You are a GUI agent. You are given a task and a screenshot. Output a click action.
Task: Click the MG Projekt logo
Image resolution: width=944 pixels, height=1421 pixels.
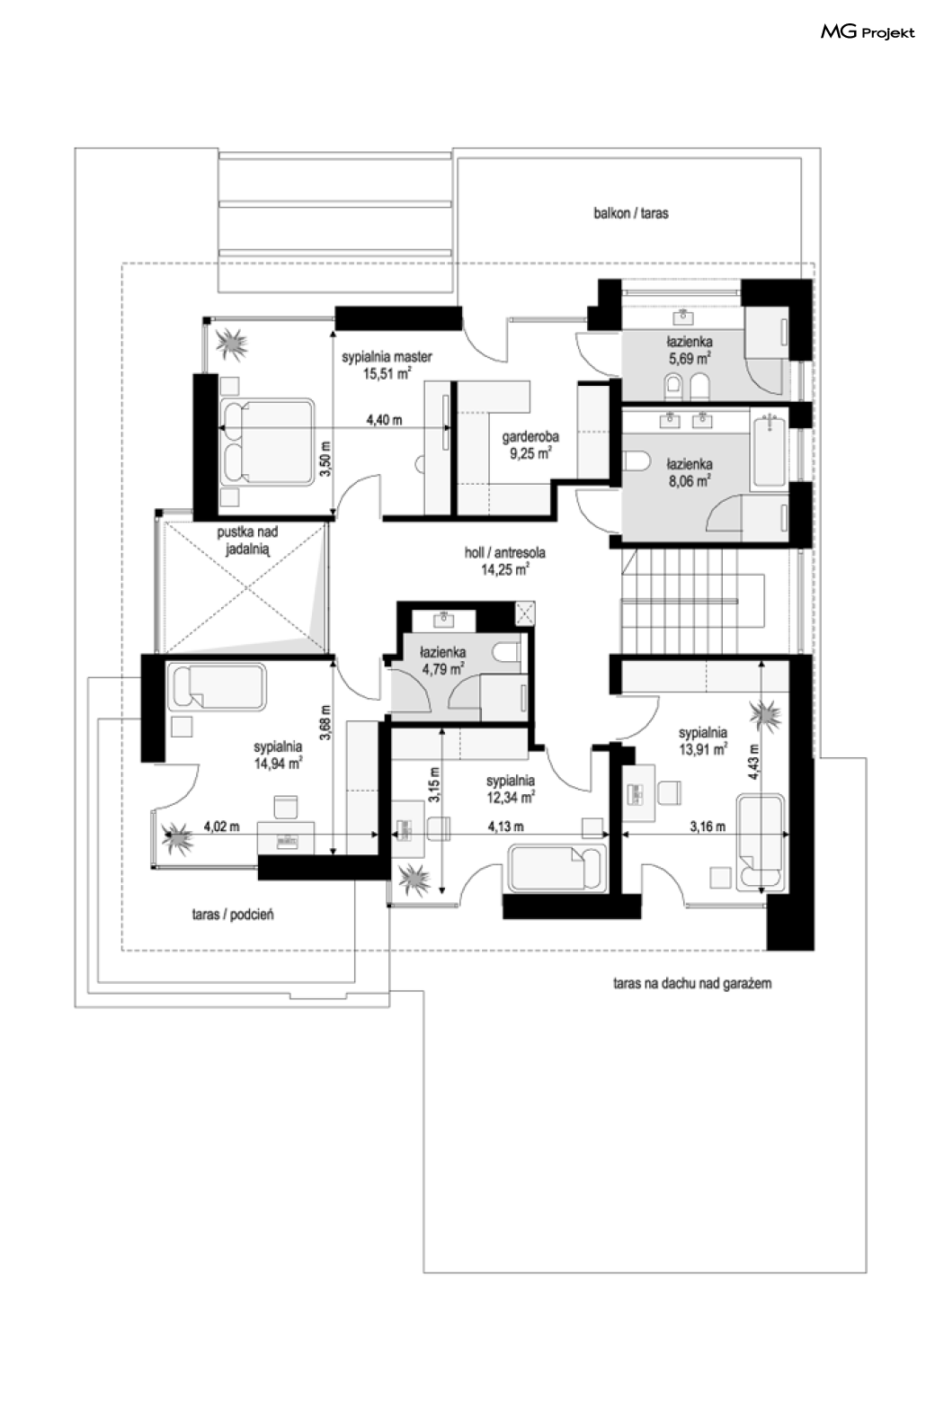tap(868, 31)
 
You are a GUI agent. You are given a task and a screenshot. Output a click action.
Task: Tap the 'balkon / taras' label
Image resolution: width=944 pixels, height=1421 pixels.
tap(631, 213)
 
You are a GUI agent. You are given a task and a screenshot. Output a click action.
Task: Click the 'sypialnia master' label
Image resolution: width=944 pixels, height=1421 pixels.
tap(387, 356)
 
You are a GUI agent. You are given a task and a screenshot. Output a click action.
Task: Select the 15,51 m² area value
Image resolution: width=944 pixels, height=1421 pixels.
tap(387, 373)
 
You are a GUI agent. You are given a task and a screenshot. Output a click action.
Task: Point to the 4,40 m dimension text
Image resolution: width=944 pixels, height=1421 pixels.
tap(384, 420)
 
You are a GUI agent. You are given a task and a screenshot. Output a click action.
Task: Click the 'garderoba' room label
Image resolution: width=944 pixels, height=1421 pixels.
tap(530, 436)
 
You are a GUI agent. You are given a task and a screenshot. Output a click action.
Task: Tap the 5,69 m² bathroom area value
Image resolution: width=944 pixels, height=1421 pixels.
tap(690, 359)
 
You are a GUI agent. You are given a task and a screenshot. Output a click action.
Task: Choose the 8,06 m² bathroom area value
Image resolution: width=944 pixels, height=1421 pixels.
tap(690, 481)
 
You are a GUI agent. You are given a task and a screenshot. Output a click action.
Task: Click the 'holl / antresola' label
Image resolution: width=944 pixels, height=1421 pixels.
tap(504, 552)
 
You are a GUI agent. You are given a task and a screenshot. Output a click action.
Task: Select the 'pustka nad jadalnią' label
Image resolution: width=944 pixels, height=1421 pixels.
tap(247, 541)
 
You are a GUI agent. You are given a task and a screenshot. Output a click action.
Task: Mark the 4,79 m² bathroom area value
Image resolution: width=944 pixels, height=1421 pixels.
tap(442, 668)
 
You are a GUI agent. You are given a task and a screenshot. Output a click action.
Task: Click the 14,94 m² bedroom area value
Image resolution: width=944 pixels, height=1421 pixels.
tap(278, 764)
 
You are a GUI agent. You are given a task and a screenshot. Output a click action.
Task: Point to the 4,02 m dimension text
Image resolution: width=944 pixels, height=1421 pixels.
tap(221, 827)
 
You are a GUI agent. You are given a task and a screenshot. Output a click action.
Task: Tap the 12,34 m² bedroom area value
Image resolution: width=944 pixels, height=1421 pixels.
tap(511, 798)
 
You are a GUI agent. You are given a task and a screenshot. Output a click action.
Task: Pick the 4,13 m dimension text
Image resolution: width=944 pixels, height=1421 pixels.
tap(505, 827)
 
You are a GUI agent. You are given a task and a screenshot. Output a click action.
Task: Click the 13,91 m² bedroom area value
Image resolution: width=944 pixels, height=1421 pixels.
tap(702, 749)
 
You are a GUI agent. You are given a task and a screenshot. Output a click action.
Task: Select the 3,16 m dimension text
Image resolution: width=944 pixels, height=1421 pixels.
tap(708, 827)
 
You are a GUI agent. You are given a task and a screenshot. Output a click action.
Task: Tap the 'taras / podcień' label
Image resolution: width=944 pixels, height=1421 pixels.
tap(233, 914)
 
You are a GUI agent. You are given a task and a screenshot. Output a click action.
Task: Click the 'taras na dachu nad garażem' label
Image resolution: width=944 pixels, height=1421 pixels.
tap(691, 983)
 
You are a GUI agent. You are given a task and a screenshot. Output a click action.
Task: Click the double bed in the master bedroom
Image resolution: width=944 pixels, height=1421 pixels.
tap(267, 442)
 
